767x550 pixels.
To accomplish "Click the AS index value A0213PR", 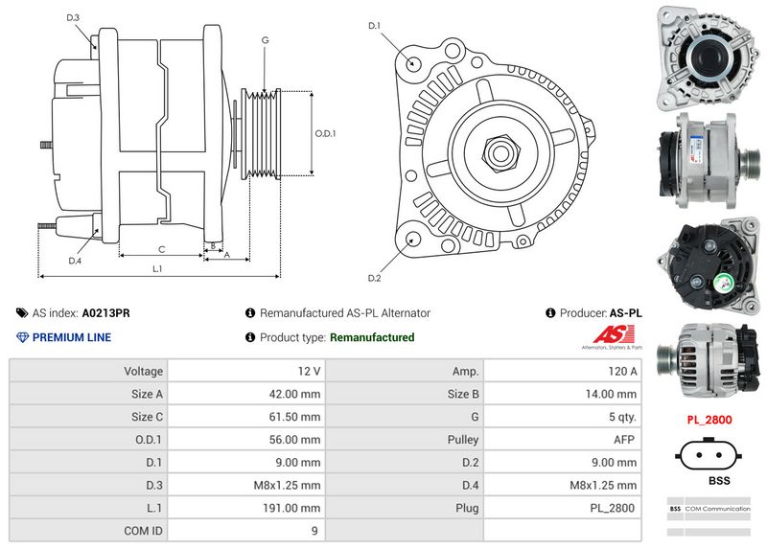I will click(x=105, y=313).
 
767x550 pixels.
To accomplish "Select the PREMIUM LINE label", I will click(x=71, y=337).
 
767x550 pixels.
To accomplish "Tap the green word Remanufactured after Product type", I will click(x=372, y=337).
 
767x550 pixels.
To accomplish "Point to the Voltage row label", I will click(x=143, y=371).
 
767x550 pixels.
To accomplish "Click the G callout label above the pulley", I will click(x=264, y=40).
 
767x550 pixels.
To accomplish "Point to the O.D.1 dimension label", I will click(x=326, y=133).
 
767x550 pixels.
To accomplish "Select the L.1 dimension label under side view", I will click(x=156, y=269).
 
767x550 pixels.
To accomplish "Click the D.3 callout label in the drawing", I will click(x=73, y=18).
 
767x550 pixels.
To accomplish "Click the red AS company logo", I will click(x=609, y=335).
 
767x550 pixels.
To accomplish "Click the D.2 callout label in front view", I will click(x=375, y=278).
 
